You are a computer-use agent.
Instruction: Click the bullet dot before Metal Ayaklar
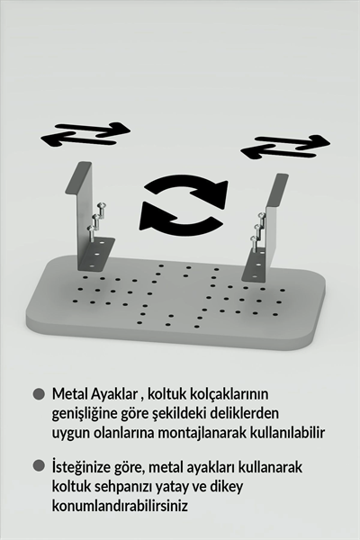(38, 394)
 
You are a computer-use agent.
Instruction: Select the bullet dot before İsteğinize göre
(38, 466)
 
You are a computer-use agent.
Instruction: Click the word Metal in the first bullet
(70, 395)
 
